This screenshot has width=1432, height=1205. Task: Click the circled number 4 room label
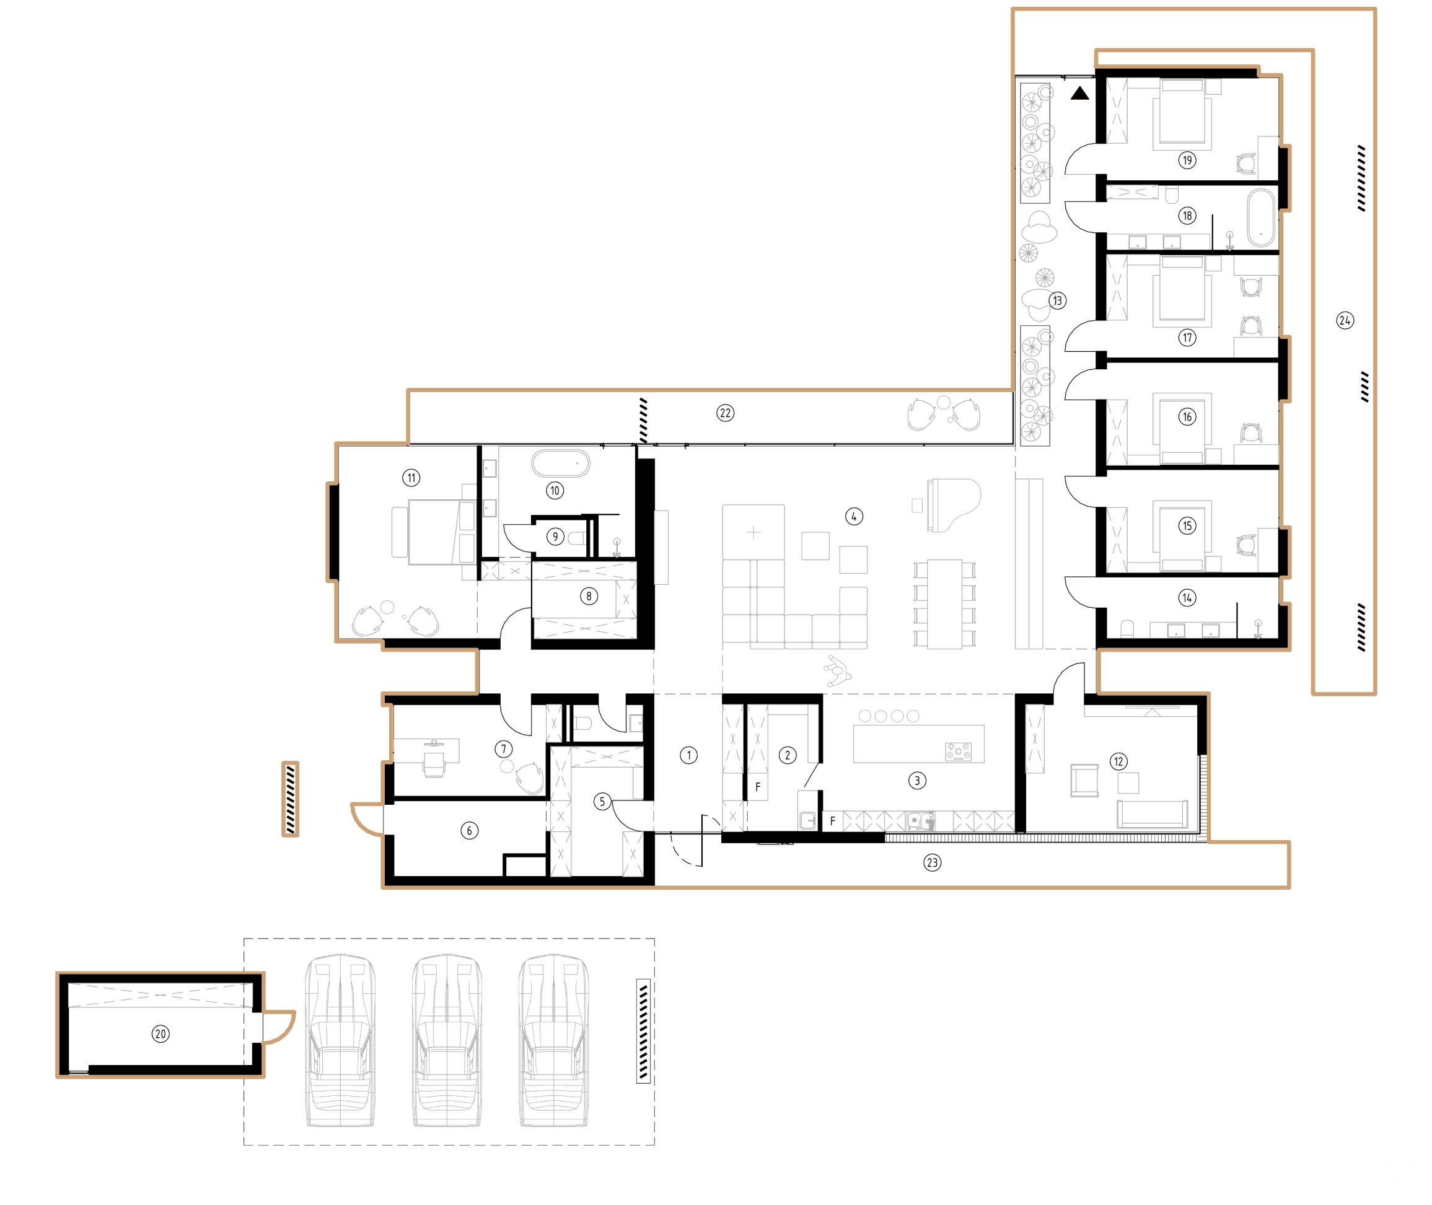pyautogui.click(x=854, y=517)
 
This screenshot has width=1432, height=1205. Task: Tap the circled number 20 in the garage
pyautogui.click(x=160, y=1033)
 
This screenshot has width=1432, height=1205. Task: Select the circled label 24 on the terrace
pyautogui.click(x=1345, y=320)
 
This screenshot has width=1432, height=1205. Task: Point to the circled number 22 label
pyautogui.click(x=725, y=413)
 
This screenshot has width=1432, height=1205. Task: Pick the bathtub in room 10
pyautogui.click(x=560, y=463)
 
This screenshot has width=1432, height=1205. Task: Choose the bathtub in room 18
pyautogui.click(x=1260, y=217)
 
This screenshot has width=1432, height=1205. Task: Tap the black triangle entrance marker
pyautogui.click(x=1079, y=94)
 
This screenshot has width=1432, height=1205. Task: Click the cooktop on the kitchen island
pyautogui.click(x=958, y=751)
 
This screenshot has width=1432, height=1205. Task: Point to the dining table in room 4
pyautogui.click(x=944, y=604)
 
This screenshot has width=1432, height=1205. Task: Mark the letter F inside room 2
pyautogui.click(x=758, y=787)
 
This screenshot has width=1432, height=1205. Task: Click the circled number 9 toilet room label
pyautogui.click(x=555, y=537)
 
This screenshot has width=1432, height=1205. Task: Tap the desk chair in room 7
pyautogui.click(x=434, y=764)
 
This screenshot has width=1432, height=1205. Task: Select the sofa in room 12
pyautogui.click(x=1152, y=813)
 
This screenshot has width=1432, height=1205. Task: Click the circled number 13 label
pyautogui.click(x=1057, y=300)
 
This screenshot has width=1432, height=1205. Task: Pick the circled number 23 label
pyautogui.click(x=932, y=863)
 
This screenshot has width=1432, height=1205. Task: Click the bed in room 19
pyautogui.click(x=1182, y=115)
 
